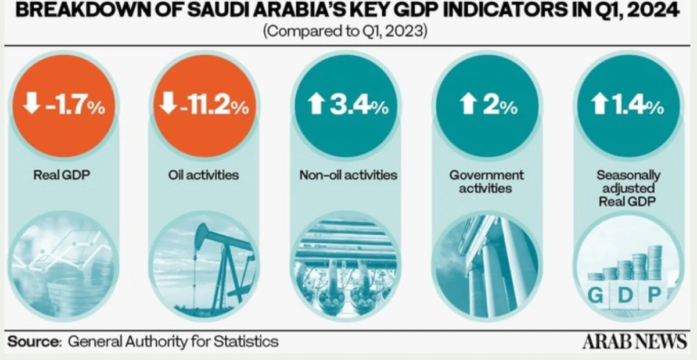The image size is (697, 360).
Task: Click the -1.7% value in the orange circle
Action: pyautogui.click(x=76, y=105)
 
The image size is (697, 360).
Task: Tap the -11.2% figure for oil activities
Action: pyautogui.click(x=214, y=105)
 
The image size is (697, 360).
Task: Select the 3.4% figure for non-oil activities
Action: pyautogui.click(x=359, y=105)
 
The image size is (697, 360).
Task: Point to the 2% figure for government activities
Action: pyautogui.click(x=500, y=105)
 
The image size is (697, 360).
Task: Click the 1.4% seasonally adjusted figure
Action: pyautogui.click(x=638, y=105)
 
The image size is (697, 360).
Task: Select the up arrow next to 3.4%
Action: pyautogui.click(x=316, y=104)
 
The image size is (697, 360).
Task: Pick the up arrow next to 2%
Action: pyautogui.click(x=468, y=104)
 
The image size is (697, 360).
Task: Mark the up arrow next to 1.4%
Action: pyautogui.click(x=599, y=104)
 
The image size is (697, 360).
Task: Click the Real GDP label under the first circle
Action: pyautogui.click(x=62, y=175)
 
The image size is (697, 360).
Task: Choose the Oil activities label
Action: pyautogui.click(x=203, y=175)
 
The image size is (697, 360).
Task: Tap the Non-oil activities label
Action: pyautogui.click(x=348, y=175)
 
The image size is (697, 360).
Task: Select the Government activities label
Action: pyautogui.click(x=486, y=182)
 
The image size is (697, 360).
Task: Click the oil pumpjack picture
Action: pyautogui.click(x=204, y=266)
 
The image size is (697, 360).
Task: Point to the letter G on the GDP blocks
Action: pyautogui.click(x=595, y=295)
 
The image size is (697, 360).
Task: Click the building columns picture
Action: pyautogui.click(x=487, y=266)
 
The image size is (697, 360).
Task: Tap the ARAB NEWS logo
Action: pyautogui.click(x=635, y=341)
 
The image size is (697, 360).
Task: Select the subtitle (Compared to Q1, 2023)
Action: pyautogui.click(x=345, y=31)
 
